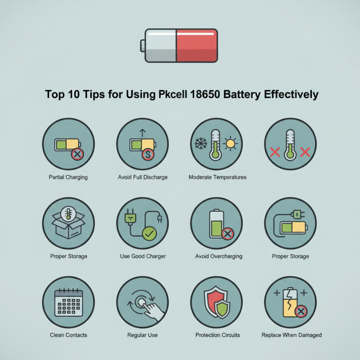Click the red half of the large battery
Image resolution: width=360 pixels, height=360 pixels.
tap(196, 45)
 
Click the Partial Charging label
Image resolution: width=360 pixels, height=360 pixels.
tap(68, 177)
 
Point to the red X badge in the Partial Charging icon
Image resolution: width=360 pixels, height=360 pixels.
tap(77, 155)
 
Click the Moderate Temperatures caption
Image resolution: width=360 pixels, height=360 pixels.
tap(217, 177)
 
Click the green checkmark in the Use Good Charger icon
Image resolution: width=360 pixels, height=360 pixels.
tap(148, 234)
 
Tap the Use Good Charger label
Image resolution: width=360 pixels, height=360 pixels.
tap(143, 256)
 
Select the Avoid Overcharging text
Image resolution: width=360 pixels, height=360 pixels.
tap(219, 256)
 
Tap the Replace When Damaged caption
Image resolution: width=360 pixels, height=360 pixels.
tap(291, 335)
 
